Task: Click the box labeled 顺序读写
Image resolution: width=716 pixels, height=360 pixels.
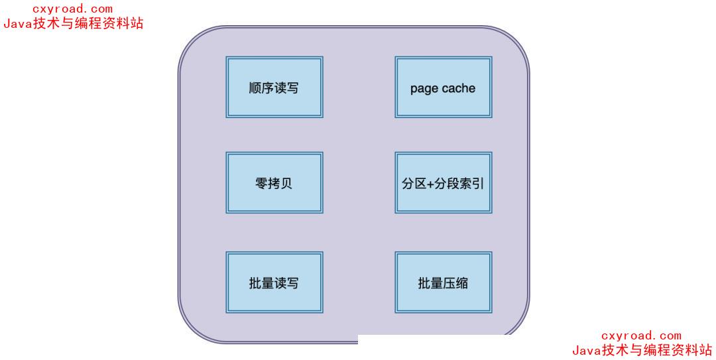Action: coord(274,87)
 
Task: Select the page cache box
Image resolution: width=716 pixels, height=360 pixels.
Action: coord(443,87)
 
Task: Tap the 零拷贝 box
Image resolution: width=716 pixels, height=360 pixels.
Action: coord(274,183)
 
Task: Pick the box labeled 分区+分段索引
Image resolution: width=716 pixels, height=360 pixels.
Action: coord(443,183)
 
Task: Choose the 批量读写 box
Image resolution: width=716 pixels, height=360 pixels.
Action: coord(274,282)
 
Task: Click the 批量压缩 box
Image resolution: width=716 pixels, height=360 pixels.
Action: coord(443,282)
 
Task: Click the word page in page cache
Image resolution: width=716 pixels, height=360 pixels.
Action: coord(424,89)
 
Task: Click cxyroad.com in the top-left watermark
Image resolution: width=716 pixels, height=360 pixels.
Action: coord(73,9)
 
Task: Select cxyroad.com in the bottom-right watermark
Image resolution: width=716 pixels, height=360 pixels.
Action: coord(641,336)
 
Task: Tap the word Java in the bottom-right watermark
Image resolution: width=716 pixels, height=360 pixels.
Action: coord(585,350)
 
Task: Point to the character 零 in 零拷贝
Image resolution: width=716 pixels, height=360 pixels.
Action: coord(261,184)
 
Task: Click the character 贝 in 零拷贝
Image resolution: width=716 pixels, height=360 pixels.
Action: coord(286,184)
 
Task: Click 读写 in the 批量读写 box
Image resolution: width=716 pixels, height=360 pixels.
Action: coord(286,283)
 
